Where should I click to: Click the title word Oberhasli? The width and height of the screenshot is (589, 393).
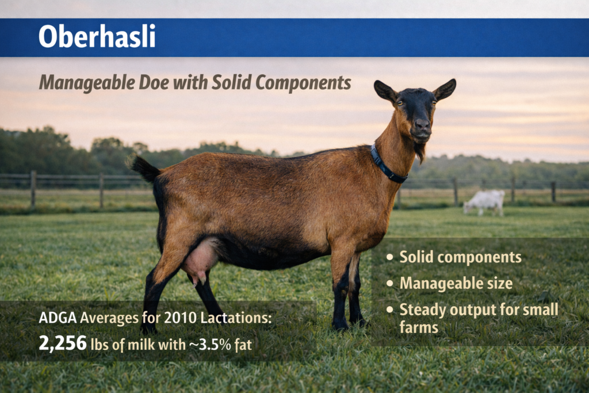click(x=97, y=37)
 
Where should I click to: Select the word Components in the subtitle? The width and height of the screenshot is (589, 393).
click(x=303, y=83)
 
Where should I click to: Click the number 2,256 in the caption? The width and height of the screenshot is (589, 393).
click(x=62, y=344)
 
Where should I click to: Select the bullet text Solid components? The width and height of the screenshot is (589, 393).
click(x=460, y=257)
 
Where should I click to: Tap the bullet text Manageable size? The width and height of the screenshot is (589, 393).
click(x=456, y=283)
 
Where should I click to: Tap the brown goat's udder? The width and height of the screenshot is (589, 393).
click(x=200, y=262)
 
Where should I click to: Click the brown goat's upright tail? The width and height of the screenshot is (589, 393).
click(x=145, y=168)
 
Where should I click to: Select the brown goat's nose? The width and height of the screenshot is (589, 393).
click(x=422, y=124)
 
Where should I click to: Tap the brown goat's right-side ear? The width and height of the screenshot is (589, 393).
click(x=445, y=89)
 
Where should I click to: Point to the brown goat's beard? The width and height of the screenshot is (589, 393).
click(x=420, y=151)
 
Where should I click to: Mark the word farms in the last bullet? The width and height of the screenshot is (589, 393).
click(x=419, y=328)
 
